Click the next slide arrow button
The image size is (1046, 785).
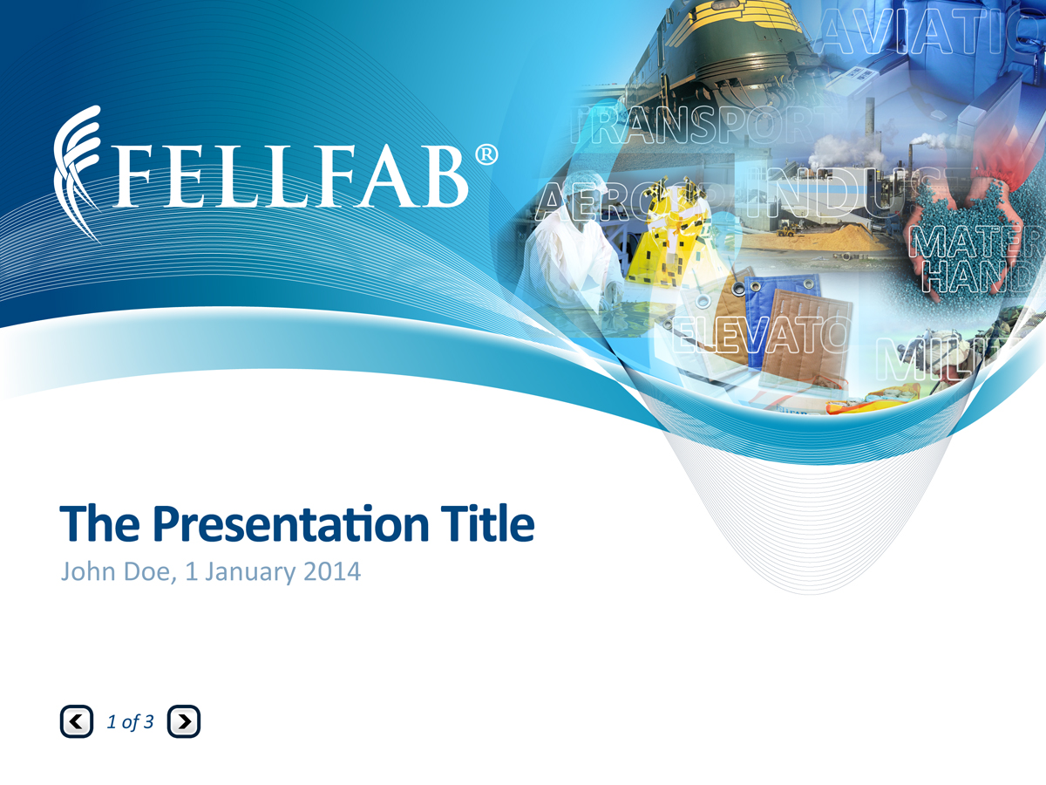coord(183,721)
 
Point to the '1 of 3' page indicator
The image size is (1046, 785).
coord(130,721)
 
